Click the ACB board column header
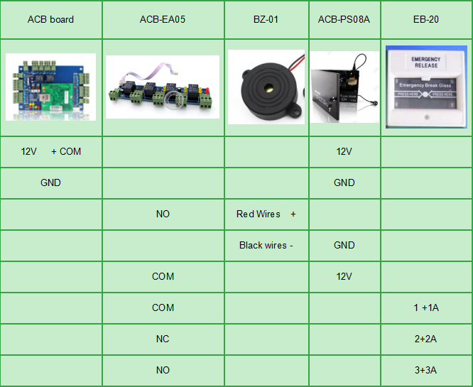coord(50,19)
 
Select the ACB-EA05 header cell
coord(163,19)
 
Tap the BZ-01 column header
coord(266,19)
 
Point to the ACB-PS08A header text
coord(344,19)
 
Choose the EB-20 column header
coord(426,19)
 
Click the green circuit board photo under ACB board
coord(50,87)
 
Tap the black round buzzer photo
coord(266,86)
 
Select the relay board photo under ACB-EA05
coord(163,87)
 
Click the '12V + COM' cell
coord(50,152)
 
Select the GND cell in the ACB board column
coord(50,182)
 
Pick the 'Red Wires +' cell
coord(266,214)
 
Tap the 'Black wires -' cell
coord(266,245)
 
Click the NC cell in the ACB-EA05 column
coord(163,339)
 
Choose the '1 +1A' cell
coord(426,307)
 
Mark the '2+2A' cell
coord(426,339)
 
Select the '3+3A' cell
coord(426,370)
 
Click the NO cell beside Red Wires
coord(163,214)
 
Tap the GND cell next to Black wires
coord(344,245)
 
